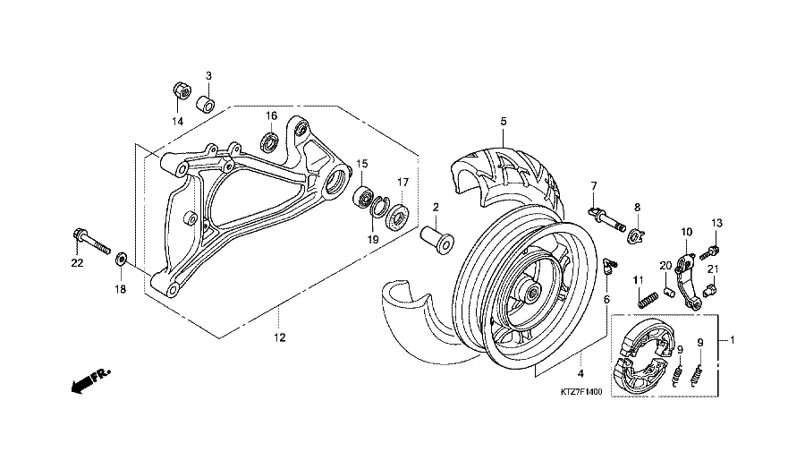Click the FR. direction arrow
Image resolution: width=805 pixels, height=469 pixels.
90,381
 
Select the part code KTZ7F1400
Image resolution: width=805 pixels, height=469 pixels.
581,392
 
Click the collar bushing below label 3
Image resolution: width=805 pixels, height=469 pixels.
207,103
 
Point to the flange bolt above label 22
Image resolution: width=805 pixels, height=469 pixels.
92,242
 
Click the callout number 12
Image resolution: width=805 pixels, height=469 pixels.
280,337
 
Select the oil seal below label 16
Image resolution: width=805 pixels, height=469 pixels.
269,141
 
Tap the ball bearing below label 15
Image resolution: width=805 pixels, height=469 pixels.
363,197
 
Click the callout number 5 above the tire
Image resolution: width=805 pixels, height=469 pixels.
504,121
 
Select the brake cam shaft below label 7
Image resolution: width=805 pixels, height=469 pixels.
606,219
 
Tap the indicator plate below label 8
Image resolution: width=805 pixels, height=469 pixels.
636,236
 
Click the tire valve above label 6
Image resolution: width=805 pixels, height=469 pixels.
610,267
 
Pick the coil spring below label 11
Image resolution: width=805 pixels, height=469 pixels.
648,300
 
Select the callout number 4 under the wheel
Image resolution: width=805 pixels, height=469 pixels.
580,373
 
